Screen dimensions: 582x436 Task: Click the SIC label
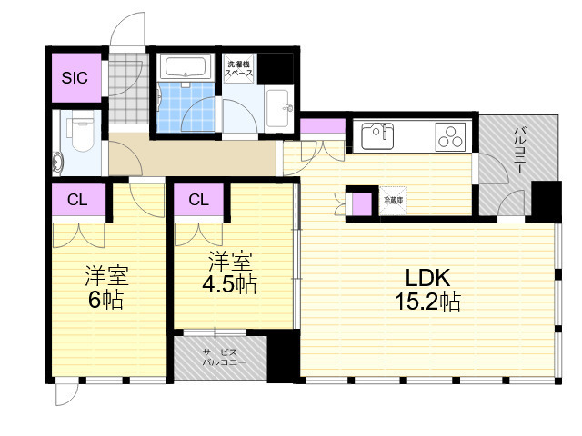(x=75, y=78)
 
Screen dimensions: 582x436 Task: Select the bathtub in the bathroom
(x=185, y=66)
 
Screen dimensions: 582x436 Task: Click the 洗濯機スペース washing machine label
(x=238, y=69)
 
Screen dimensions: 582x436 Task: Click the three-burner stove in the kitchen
(x=450, y=137)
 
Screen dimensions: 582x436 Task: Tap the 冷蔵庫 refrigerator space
(x=393, y=201)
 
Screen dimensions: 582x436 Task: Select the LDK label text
(x=427, y=277)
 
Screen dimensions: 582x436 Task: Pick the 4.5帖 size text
(x=229, y=284)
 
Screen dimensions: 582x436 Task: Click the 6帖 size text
(x=105, y=300)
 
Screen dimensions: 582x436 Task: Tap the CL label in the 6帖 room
(x=77, y=200)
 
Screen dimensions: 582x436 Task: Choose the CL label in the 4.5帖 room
(x=198, y=200)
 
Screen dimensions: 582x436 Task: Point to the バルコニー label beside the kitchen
(x=519, y=150)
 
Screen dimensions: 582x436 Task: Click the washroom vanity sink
(x=280, y=108)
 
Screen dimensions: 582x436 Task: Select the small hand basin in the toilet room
(x=57, y=163)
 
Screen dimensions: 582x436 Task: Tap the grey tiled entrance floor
(x=128, y=89)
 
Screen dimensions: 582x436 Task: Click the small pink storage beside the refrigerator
(x=362, y=203)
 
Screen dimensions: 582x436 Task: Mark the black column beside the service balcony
(x=283, y=356)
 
